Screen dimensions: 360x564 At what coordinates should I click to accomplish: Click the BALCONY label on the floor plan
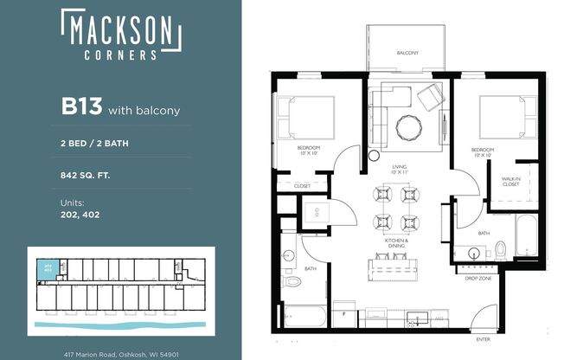tap(407, 54)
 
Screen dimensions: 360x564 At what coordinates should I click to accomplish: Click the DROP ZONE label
tap(478, 279)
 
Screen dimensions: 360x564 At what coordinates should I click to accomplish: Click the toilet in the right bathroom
tap(500, 250)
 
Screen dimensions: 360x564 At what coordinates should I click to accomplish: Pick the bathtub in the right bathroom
tap(526, 235)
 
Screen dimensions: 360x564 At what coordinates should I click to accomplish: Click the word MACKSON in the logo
tap(120, 31)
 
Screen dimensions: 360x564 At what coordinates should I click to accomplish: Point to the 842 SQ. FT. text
tap(86, 175)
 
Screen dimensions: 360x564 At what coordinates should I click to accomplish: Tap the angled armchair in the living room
tap(430, 98)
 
